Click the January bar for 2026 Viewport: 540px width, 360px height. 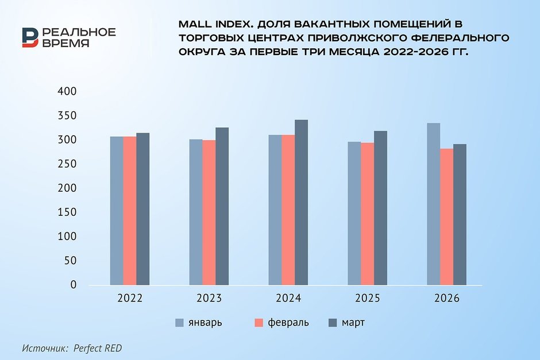434,204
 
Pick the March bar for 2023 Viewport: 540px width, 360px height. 222,206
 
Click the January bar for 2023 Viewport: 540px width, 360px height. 196,212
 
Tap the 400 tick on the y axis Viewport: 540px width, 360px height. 67,92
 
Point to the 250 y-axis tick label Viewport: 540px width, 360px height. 67,164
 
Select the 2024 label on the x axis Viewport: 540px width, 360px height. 288,299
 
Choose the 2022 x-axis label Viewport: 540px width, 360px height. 129,299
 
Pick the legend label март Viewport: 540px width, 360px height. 353,323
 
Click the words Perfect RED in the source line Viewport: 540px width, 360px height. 98,348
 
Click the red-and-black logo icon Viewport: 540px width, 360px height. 30,37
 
